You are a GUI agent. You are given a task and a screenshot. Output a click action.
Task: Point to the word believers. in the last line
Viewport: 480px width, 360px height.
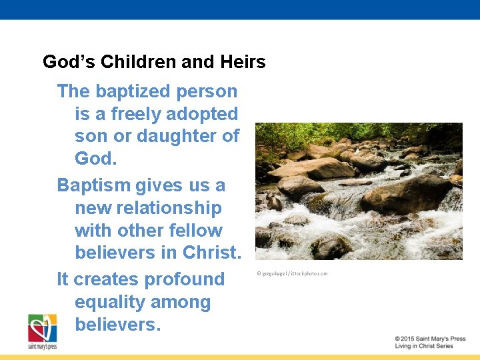click(x=118, y=325)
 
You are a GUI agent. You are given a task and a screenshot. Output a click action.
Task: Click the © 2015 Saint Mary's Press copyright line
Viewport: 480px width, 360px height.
click(x=429, y=339)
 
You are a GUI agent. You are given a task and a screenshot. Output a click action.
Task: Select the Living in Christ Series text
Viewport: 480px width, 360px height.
click(x=423, y=346)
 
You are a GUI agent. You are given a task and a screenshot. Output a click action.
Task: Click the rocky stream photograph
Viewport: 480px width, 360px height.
click(x=359, y=191)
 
